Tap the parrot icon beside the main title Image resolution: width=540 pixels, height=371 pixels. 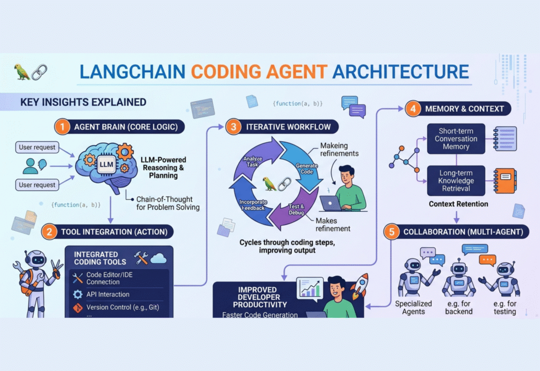22,72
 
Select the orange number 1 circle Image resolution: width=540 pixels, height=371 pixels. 63,126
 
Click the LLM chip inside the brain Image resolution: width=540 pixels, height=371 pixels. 105,164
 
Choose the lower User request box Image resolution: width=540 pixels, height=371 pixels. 37,185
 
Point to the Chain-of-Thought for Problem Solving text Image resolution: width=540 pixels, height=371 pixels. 168,203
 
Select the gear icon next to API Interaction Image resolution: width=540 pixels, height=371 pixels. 78,295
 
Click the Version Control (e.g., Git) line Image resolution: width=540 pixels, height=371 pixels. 123,307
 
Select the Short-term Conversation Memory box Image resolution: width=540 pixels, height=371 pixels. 456,139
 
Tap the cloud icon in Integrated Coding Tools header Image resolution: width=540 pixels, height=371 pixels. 159,258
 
